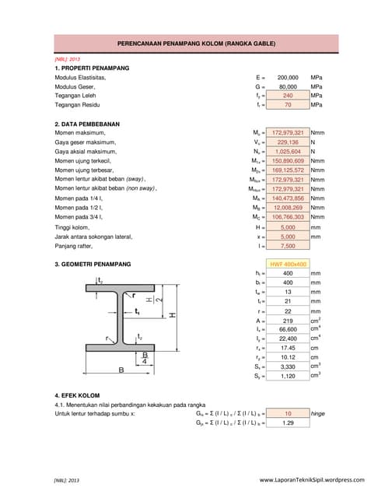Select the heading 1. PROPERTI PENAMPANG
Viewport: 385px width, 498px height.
[x=92, y=68]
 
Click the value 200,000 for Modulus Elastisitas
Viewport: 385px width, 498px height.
[x=288, y=78]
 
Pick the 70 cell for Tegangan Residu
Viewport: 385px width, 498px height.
[x=288, y=104]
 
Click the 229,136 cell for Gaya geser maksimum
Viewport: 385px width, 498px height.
[x=288, y=142]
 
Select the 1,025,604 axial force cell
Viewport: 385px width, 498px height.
[x=288, y=152]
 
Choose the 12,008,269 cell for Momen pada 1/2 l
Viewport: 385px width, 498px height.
[x=288, y=208]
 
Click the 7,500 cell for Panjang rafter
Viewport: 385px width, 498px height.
[x=288, y=246]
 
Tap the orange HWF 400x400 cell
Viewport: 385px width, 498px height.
[x=288, y=264]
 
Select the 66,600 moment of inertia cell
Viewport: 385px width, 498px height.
[x=288, y=329]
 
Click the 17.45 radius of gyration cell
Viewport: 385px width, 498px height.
[x=288, y=348]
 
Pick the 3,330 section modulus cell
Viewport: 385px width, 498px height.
[x=288, y=366]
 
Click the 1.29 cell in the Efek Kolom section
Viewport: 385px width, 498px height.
[x=288, y=423]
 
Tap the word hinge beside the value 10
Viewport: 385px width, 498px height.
[x=317, y=413]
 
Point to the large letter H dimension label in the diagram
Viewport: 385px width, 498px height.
[x=173, y=314]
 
